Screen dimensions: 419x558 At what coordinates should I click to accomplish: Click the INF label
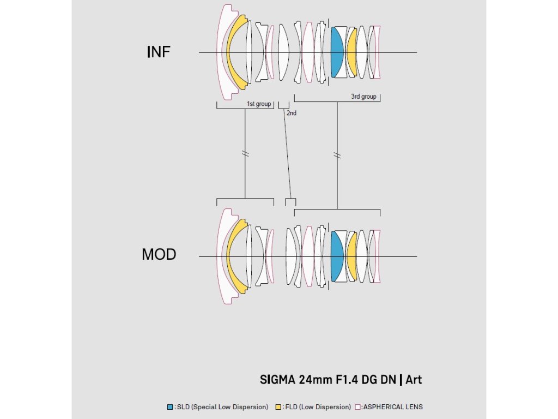159,52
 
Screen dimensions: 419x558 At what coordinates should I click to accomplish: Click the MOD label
159,254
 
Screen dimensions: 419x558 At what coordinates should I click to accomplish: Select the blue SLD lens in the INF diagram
337,52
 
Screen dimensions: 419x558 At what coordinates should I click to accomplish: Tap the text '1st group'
259,104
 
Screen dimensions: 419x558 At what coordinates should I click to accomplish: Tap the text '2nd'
292,113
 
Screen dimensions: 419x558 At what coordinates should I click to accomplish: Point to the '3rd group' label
363,97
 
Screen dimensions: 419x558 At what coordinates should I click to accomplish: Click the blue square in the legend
171,407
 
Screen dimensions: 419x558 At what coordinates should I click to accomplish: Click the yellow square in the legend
278,407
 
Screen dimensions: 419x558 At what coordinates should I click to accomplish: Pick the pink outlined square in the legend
357,407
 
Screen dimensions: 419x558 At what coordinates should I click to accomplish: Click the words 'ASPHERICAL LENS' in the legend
393,407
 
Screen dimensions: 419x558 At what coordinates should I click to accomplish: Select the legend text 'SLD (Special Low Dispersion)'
222,407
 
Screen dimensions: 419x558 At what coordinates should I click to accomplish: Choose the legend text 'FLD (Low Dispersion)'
318,407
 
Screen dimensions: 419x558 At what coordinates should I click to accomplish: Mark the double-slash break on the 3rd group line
337,155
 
